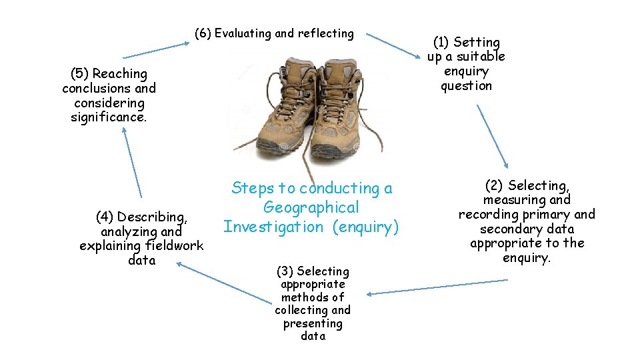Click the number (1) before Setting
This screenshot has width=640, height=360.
point(441,43)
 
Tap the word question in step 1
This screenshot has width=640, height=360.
point(466,86)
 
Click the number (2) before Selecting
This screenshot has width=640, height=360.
point(494,185)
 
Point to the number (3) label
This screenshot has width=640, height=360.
point(285,271)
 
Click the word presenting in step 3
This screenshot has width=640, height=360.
point(312,323)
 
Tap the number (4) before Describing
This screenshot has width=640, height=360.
point(104,217)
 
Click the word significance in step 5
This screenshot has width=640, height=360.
point(108,117)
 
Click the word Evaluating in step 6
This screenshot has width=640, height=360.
point(243,33)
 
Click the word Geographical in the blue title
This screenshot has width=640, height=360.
point(311,207)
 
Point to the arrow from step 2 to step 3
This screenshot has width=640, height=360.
point(437,287)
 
